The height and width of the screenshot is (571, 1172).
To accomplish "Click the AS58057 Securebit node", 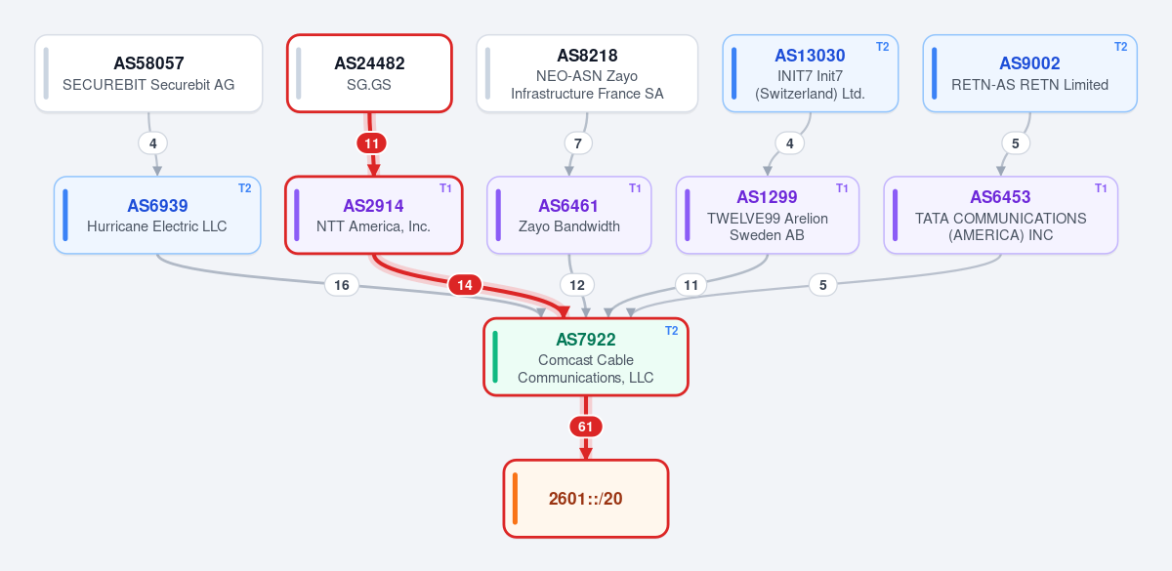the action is coord(148,73).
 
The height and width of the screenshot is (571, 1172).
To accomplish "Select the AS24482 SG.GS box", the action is coord(369,73).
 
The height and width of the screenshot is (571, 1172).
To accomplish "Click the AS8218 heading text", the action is coord(587,56).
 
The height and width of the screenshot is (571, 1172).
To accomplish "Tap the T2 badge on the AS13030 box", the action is coord(882,47).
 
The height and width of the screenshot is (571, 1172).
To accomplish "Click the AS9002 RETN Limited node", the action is coord(1029,73).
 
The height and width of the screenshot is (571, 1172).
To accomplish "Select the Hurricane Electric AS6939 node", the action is coord(157,215).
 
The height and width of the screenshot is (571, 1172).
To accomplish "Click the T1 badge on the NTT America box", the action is coord(445,188).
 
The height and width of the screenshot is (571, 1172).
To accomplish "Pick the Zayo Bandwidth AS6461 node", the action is coord(569,215).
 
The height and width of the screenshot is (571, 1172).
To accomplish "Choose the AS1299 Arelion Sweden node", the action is coord(768,215).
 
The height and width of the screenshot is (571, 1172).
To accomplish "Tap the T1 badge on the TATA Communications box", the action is coord(1101,188).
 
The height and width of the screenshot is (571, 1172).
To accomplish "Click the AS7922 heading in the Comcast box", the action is coord(585,340).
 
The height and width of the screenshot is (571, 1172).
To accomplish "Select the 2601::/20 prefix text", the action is coord(585,499).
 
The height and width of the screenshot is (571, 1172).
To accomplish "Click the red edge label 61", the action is coord(585,427).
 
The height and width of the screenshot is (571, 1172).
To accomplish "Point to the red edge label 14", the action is coord(465,285).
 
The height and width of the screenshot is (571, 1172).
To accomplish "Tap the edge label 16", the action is coord(342,285).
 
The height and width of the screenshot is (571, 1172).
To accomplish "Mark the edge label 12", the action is coord(577,285).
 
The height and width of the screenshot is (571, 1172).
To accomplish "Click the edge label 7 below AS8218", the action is coord(578,143).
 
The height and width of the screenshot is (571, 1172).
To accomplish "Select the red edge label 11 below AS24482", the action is coord(371,143).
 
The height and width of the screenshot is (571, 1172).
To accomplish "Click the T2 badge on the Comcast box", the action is coord(671,331).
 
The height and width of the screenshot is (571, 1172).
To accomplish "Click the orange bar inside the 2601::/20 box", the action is coord(516,499).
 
